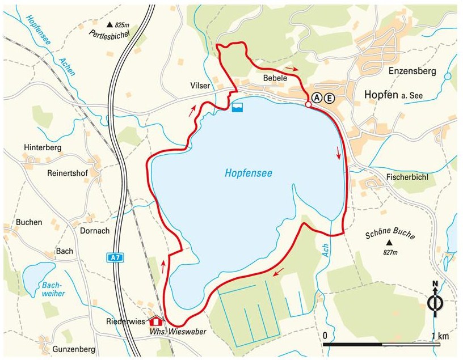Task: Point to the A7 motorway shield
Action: [x=115, y=257]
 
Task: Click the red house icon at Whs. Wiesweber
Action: [x=155, y=320]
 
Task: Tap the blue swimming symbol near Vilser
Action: [x=237, y=107]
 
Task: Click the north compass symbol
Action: [x=435, y=301]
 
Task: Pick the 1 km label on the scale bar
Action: [x=439, y=336]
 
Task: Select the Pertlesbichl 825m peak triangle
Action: [x=110, y=25]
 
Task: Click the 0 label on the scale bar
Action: [x=325, y=336]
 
